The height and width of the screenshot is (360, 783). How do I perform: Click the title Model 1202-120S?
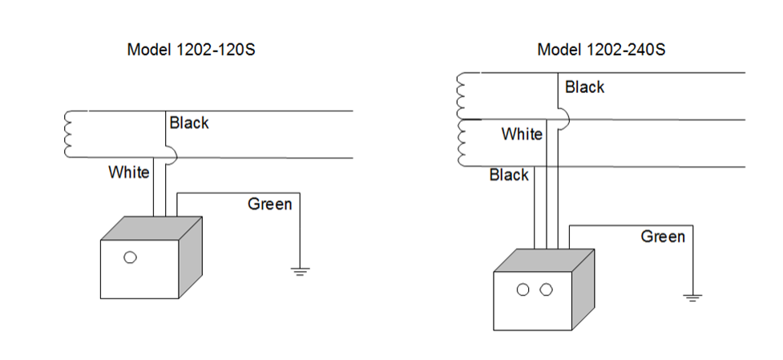click(192, 50)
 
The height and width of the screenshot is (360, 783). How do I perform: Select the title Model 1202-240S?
click(601, 50)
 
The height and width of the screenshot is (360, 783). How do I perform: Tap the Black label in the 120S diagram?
click(189, 123)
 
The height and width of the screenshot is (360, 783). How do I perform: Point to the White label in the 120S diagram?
click(129, 172)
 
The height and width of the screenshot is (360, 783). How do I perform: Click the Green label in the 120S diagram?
click(270, 204)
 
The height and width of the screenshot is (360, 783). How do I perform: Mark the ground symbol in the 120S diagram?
click(300, 271)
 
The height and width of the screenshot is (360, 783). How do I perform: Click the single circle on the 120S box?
click(131, 257)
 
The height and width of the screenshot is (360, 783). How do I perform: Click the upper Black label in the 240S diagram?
click(584, 87)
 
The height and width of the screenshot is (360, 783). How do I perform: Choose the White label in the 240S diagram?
click(522, 134)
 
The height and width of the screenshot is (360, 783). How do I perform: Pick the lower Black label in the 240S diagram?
click(509, 175)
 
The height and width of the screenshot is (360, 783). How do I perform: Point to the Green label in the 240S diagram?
click(663, 237)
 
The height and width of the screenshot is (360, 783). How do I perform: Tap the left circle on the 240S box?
click(523, 289)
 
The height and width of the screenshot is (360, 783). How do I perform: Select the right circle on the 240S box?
click(547, 289)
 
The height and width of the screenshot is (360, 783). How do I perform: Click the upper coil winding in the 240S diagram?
click(461, 96)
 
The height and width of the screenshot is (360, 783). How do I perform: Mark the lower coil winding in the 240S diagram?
click(461, 143)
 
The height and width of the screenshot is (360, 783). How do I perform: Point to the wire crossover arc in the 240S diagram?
click(563, 119)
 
